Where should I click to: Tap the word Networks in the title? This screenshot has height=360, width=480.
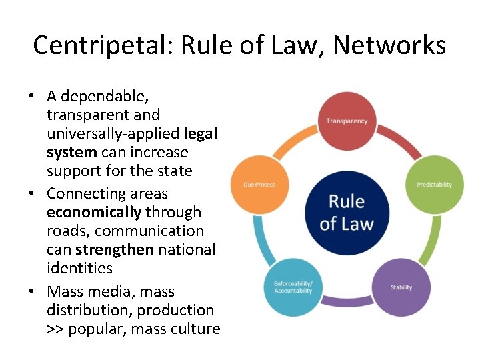pos(389,45)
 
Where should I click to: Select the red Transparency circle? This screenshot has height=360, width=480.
pos(347,121)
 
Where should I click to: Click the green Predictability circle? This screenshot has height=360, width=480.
pos(434,184)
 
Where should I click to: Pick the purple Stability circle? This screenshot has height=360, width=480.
pos(401,287)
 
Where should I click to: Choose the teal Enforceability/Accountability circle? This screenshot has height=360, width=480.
pos(293,287)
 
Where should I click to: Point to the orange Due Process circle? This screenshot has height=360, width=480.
pos(259,184)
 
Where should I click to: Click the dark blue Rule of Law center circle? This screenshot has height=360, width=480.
pos(347,212)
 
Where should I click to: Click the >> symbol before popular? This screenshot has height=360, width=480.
pos(55,329)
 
